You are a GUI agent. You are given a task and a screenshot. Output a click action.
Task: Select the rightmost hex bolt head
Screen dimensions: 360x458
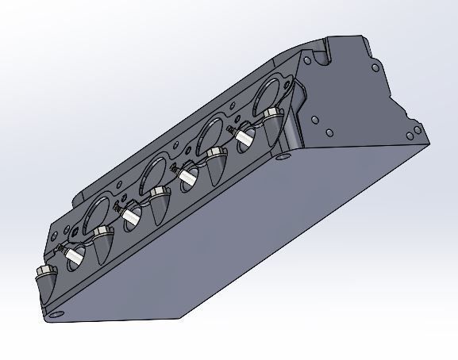275,114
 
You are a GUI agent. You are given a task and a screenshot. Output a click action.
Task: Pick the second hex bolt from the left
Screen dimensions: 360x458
101,233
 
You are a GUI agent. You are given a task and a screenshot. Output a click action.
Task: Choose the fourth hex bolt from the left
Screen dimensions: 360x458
215,153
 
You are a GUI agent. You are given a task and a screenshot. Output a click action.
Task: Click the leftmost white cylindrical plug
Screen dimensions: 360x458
75,255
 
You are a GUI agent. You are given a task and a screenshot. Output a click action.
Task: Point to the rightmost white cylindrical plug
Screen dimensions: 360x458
244,137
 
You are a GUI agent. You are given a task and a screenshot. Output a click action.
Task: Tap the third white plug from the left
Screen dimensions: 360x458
188,176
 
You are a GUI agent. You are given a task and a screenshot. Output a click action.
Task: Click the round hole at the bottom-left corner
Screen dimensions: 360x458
56,314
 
